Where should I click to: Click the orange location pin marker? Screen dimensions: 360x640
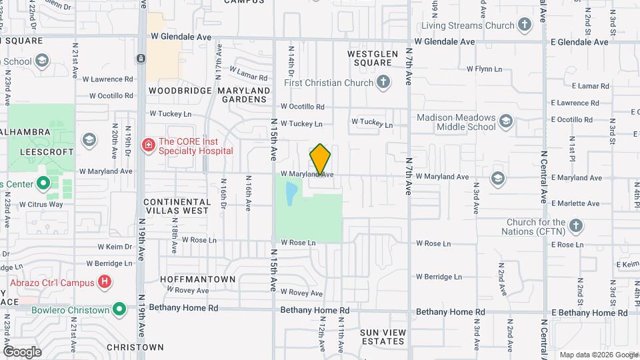click(320, 159)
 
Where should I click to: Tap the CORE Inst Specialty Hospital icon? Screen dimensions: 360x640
click(148, 144)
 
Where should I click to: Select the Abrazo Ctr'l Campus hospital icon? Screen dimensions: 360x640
click(104, 283)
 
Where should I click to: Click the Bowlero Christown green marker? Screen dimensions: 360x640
click(119, 309)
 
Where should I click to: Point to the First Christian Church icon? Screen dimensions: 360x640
click(383, 83)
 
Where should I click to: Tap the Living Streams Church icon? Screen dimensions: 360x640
click(525, 26)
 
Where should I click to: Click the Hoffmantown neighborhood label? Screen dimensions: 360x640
click(198, 279)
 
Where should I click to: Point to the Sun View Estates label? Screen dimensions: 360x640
click(382, 336)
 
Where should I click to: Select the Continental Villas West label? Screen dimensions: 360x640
click(177, 206)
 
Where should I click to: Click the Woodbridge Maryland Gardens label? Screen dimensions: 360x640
click(209, 95)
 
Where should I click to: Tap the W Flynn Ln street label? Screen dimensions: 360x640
click(488, 69)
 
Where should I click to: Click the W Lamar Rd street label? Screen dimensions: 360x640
click(248, 70)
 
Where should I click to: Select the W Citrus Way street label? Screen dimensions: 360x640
click(41, 204)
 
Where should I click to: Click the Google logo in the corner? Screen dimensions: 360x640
click(22, 351)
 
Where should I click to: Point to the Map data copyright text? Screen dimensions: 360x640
click(597, 355)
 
